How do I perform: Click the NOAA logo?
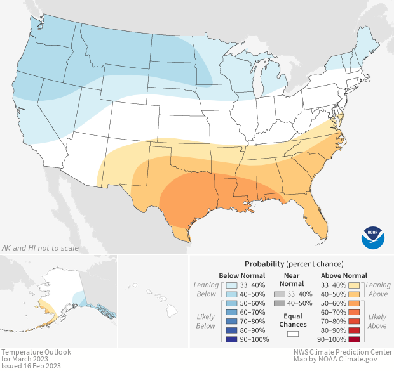click(x=373, y=236)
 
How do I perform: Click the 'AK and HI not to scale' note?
click(x=41, y=247)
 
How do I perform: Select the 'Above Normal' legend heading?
click(x=344, y=275)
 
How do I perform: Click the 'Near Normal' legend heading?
click(x=292, y=280)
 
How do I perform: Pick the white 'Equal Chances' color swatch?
click(x=292, y=334)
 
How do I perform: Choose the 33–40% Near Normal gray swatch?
click(x=279, y=295)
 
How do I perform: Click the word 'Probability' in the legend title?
click(x=264, y=263)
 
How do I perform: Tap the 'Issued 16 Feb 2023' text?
click(x=31, y=366)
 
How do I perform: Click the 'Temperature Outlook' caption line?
click(x=36, y=352)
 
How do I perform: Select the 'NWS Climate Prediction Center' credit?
click(x=343, y=352)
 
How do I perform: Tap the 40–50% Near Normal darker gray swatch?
click(x=279, y=305)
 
